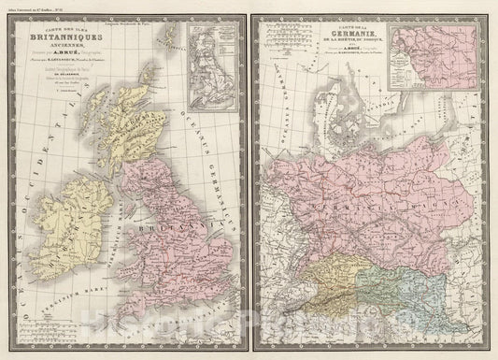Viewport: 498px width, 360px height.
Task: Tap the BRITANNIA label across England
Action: [186, 226]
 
